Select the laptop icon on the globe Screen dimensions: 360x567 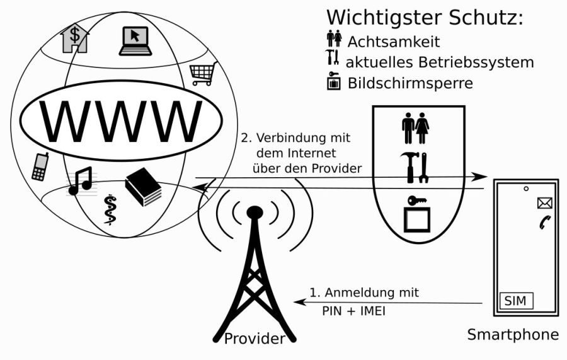(135, 39)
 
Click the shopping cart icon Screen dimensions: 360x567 (203, 74)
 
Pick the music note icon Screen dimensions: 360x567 (80, 180)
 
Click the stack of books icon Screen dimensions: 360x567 (144, 187)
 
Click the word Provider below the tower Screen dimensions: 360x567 (255, 339)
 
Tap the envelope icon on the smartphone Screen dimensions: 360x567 (544, 203)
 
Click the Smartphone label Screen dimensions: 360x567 (513, 334)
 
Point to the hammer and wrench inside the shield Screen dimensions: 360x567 (416, 168)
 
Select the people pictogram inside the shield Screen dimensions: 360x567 (416, 128)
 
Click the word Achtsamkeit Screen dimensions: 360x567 (394, 42)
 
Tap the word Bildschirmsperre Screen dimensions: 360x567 (410, 83)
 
